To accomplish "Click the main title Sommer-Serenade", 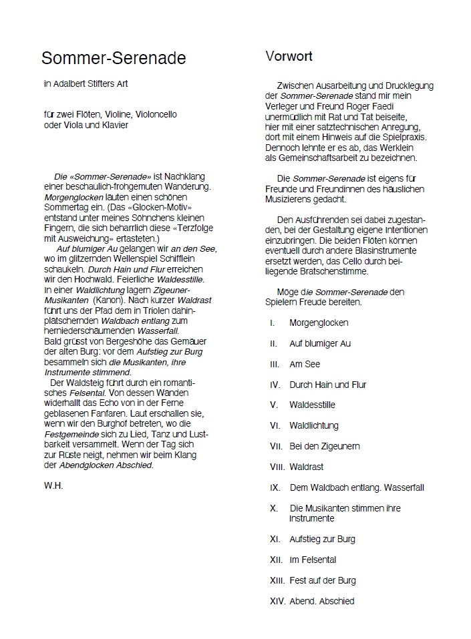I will [114, 59].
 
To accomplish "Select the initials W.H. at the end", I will [53, 486].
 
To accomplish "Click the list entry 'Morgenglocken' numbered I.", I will [319, 323].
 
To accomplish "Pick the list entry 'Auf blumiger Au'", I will [320, 344].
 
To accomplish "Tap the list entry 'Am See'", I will [305, 365].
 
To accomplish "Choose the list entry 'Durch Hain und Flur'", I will [327, 385].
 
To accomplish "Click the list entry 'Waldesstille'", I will [312, 405].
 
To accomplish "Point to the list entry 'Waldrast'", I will [307, 467].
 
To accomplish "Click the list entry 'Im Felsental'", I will [313, 560].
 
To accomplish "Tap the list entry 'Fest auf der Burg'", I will [323, 580].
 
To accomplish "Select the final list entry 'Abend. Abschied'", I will [322, 601].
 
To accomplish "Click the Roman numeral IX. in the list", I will [275, 488].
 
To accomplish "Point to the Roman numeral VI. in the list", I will [275, 426].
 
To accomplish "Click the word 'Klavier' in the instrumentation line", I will [113, 125].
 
